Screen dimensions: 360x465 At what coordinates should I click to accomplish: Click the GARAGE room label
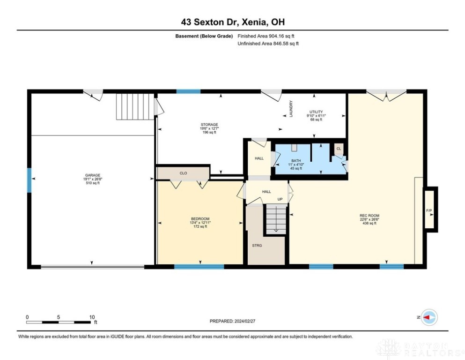pos(92,175)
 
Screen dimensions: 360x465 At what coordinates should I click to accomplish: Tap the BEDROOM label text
pos(199,219)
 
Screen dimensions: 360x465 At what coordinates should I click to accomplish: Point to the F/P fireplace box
pos(429,210)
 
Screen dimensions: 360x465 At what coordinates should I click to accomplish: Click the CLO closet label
pos(183,173)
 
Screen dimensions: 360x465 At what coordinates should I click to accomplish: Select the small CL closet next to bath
pos(339,149)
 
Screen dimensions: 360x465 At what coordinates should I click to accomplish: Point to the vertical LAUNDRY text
pos(291,108)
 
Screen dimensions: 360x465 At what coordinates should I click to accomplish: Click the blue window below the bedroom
pos(199,267)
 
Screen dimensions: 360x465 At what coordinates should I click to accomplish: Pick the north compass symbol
pos(428,318)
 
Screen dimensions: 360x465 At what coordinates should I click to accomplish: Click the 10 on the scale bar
pos(92,317)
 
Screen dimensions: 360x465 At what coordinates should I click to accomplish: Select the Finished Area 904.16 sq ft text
pos(266,36)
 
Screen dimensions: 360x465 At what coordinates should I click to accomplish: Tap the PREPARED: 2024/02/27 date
pos(232,321)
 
